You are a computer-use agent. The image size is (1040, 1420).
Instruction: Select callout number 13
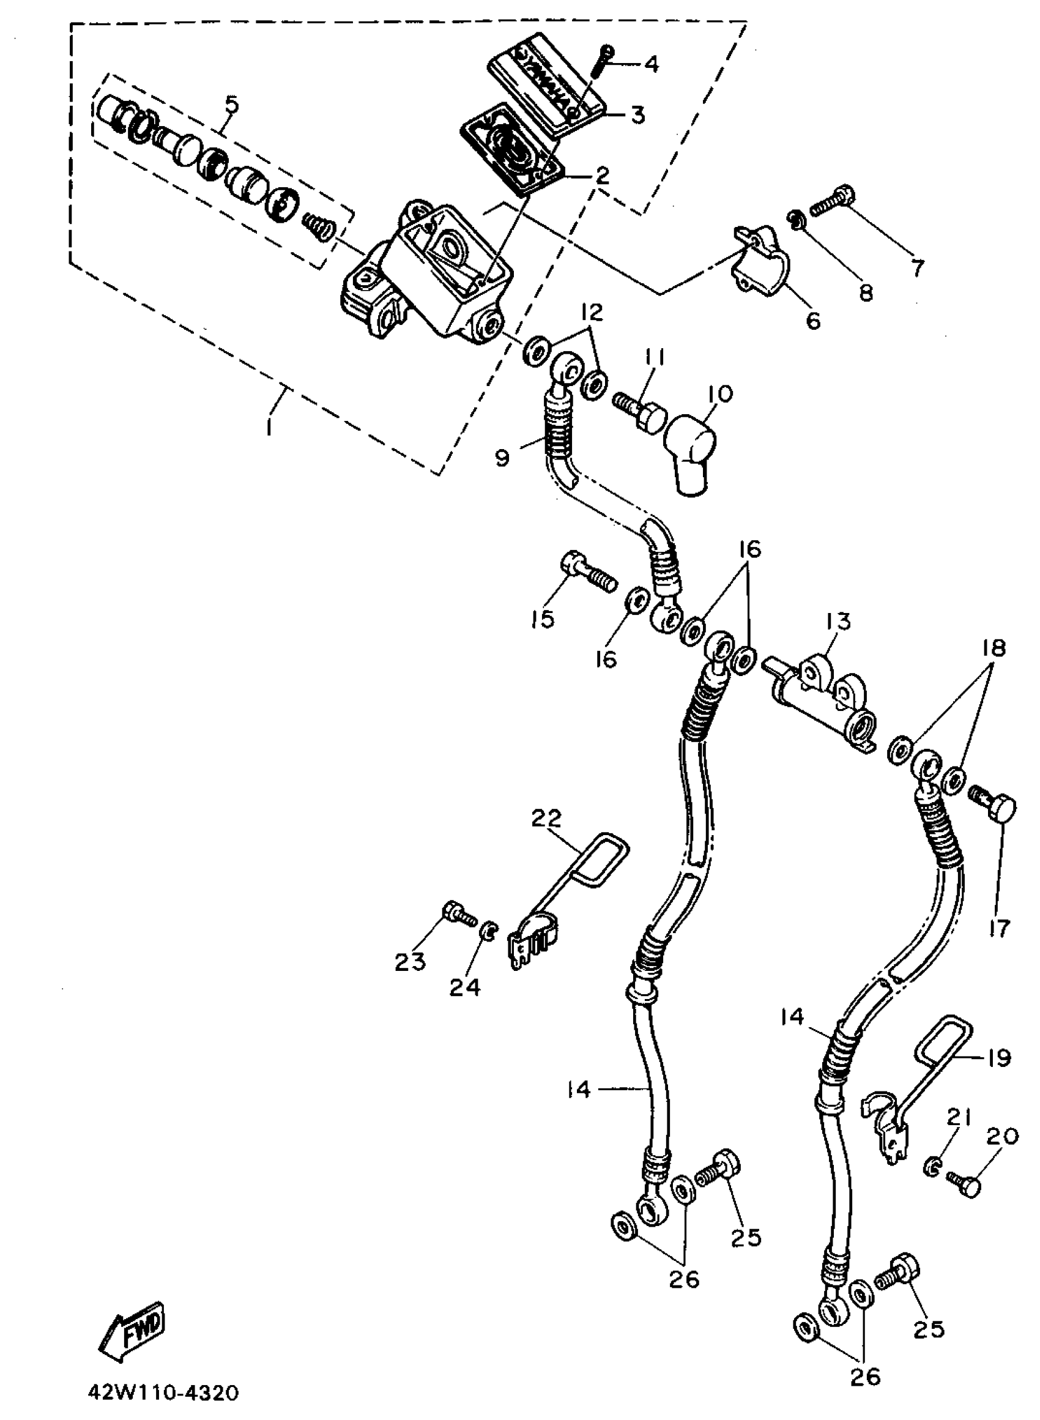[x=839, y=620]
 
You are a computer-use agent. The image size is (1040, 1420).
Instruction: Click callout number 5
[x=232, y=104]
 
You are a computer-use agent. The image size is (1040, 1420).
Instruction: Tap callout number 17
[x=999, y=927]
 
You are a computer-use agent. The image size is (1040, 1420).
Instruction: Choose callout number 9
[x=502, y=458]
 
